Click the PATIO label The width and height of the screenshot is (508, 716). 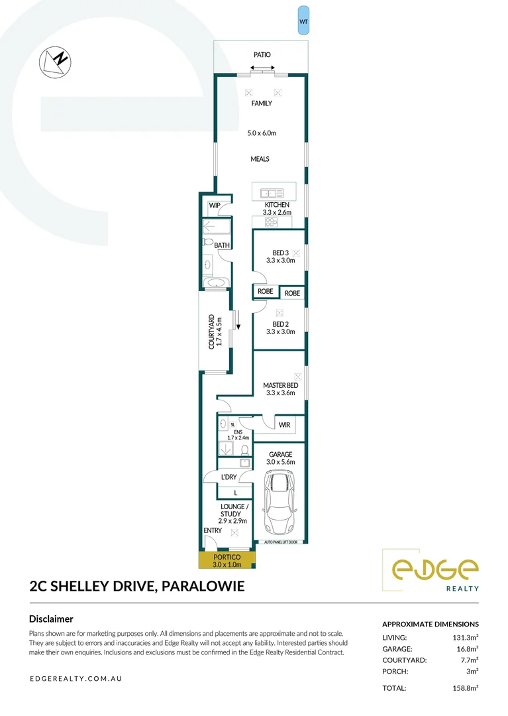point(262,55)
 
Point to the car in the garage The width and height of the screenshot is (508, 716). point(279,502)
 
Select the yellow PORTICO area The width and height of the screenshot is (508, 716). point(227,561)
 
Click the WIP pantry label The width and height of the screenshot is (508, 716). point(215,206)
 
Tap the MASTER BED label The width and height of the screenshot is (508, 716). point(280,385)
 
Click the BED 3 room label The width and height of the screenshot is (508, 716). point(280,253)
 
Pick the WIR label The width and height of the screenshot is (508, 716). point(285,425)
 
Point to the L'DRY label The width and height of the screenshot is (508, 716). point(229,477)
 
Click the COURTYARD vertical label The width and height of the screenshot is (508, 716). point(212,331)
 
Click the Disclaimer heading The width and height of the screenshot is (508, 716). point(51,619)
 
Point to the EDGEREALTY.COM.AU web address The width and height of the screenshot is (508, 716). point(76,680)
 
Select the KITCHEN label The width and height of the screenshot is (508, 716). point(278,205)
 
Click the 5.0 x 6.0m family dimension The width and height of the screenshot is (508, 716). point(261,133)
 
